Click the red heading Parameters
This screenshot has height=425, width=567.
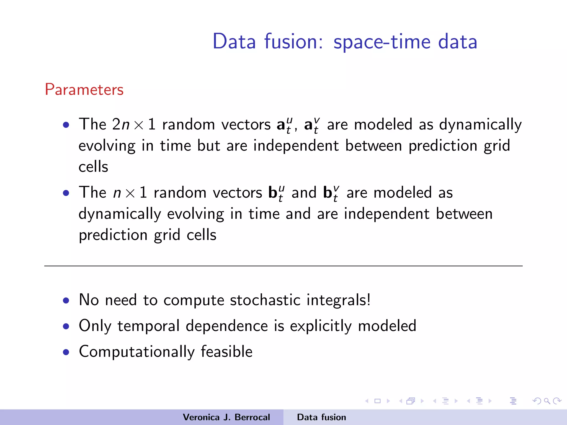pos(84,90)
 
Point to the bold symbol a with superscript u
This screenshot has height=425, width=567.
pos(284,125)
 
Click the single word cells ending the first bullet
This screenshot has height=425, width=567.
pos(93,167)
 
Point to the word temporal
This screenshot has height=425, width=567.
pos(149,326)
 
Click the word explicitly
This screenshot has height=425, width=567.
pos(321,326)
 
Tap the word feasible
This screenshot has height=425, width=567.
pos(226,351)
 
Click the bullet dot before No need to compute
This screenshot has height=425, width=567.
pos(66,301)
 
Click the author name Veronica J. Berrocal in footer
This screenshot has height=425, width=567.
pos(226,417)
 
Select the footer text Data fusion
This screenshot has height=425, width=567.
pos(321,417)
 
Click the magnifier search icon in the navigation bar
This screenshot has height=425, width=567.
pos(547,401)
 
